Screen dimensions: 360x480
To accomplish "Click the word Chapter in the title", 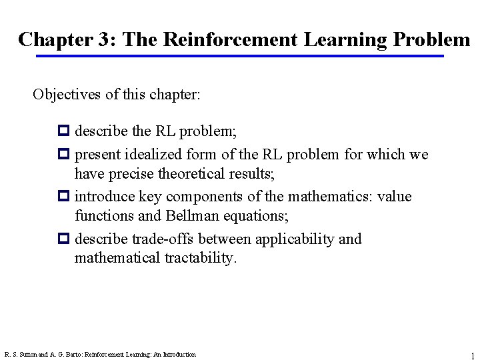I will coord(55,39).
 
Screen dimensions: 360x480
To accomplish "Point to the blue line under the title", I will coord(240,56).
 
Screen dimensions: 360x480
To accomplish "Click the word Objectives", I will coord(65,94).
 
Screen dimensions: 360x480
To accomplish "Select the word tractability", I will coord(199,257).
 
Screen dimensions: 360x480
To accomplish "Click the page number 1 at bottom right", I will coord(472,356).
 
